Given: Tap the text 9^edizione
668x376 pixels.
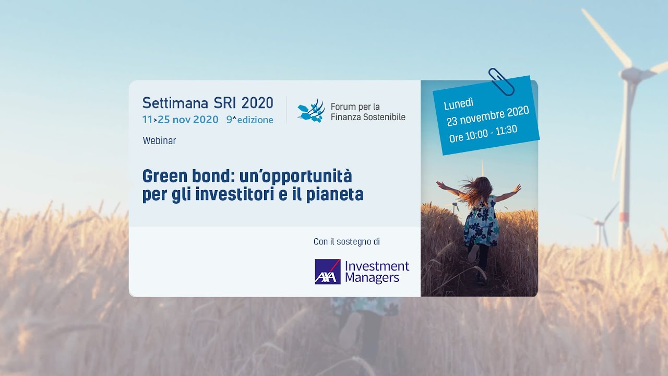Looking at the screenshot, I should click(249, 120).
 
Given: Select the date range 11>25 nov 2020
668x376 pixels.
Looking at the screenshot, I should click(180, 120).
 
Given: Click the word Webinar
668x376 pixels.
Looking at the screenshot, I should click(159, 140).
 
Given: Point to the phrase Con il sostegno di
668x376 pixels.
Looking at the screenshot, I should click(347, 242).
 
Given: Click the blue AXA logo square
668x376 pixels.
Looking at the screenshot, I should click(327, 272).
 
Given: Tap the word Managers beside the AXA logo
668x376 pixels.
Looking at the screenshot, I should click(372, 278).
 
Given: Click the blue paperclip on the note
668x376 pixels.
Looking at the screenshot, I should click(501, 81).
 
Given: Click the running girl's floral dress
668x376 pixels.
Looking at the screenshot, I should click(481, 222).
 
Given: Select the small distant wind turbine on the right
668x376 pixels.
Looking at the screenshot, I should click(600, 225).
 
